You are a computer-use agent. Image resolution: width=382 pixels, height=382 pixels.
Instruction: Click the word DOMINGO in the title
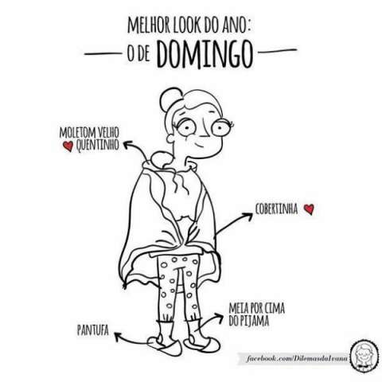click(205, 55)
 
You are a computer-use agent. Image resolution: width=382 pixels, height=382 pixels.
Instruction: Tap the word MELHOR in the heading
click(149, 25)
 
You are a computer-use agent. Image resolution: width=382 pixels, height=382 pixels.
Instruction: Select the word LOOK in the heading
click(187, 25)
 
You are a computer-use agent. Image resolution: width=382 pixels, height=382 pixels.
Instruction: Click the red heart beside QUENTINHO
click(68, 146)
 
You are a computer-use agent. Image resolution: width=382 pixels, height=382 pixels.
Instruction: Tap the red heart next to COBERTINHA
click(309, 209)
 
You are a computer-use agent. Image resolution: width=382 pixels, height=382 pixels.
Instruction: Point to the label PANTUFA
click(93, 330)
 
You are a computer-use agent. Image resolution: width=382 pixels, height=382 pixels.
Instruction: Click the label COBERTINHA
click(276, 209)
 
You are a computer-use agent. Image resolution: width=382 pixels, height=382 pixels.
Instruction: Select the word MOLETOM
click(78, 132)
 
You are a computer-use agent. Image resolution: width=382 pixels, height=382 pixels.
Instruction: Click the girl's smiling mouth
click(200, 146)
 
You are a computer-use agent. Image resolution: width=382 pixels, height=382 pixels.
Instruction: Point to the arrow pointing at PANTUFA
click(133, 340)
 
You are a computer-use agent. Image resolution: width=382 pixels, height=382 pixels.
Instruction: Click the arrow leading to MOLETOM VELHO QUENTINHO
click(138, 149)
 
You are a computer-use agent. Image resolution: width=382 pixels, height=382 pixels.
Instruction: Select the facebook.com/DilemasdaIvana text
click(297, 359)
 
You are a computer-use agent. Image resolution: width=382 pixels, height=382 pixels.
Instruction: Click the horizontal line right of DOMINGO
click(277, 50)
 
